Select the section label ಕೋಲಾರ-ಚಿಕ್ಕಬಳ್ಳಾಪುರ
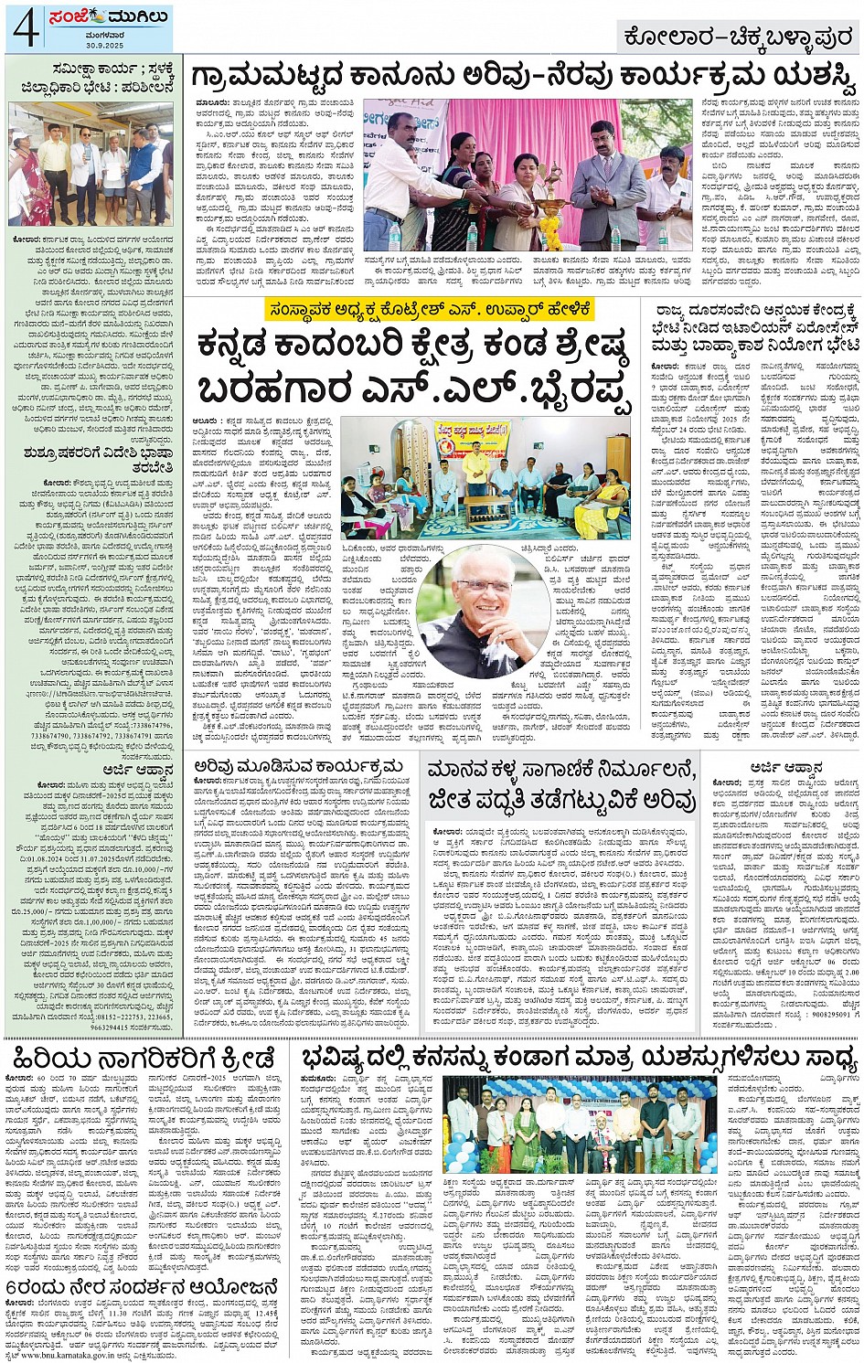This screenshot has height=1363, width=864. tap(738, 37)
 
